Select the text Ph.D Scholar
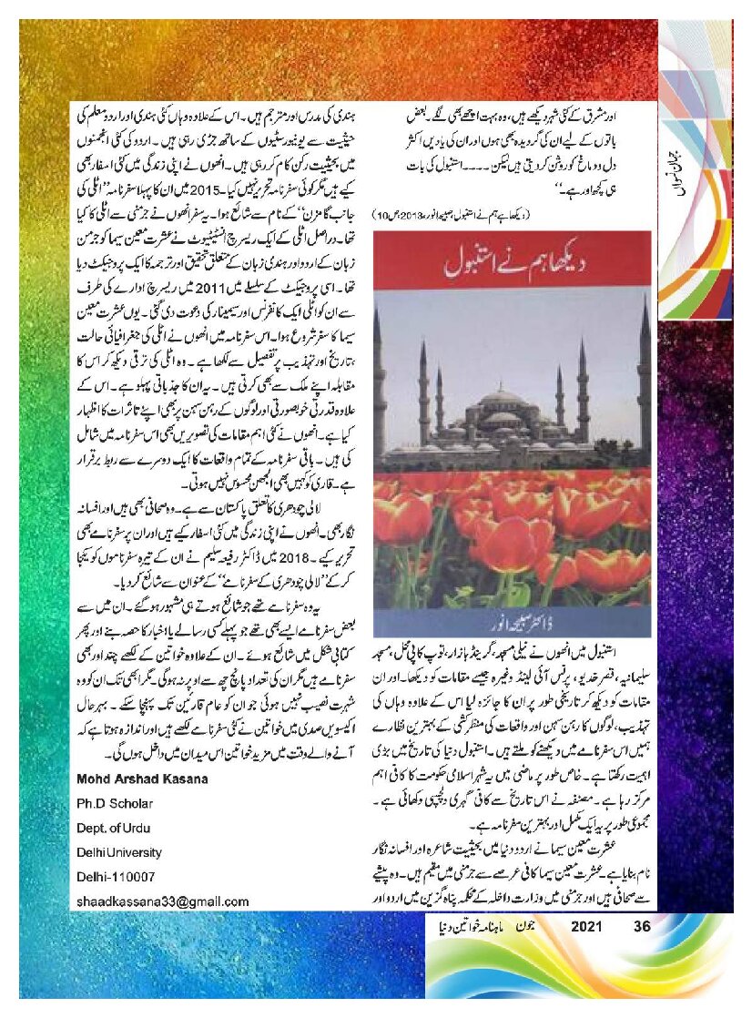[x=114, y=804]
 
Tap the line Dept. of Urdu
[x=116, y=829]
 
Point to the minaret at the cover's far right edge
[x=644, y=373]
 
